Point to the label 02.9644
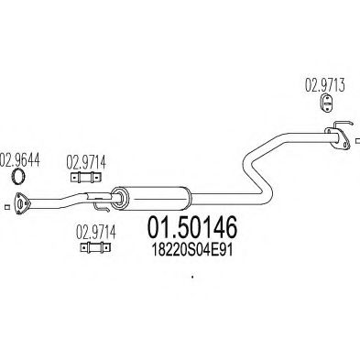[x=21, y=158]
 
